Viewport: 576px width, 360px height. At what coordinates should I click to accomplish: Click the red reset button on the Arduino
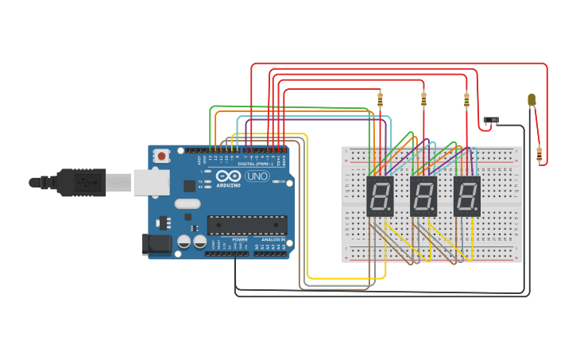[x=162, y=157]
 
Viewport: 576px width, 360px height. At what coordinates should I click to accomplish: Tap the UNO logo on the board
[x=257, y=176]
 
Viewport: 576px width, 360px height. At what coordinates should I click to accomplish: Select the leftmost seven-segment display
[x=380, y=195]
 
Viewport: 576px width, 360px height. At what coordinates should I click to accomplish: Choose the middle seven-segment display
[x=423, y=195]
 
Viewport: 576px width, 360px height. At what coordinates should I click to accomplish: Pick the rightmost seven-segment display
[x=467, y=195]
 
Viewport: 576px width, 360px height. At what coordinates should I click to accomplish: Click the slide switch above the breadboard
[x=492, y=121]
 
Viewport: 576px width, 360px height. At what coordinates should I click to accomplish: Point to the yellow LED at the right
[x=532, y=100]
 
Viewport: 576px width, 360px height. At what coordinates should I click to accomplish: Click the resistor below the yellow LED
[x=539, y=154]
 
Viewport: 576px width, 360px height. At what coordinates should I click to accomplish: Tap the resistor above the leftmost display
[x=380, y=99]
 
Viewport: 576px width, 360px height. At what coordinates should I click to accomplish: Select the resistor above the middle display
[x=423, y=99]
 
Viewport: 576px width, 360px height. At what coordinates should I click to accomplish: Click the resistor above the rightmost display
[x=466, y=99]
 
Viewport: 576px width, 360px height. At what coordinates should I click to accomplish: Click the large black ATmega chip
[x=247, y=225]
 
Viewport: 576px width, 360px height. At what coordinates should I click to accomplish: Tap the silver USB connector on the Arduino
[x=150, y=183]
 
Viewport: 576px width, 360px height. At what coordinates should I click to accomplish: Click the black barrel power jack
[x=157, y=244]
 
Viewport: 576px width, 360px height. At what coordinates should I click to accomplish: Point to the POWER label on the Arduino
[x=240, y=239]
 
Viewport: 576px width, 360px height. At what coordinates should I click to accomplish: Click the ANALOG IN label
[x=273, y=239]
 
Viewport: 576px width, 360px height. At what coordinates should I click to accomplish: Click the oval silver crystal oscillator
[x=187, y=203]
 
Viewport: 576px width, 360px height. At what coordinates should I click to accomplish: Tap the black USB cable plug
[x=79, y=183]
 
